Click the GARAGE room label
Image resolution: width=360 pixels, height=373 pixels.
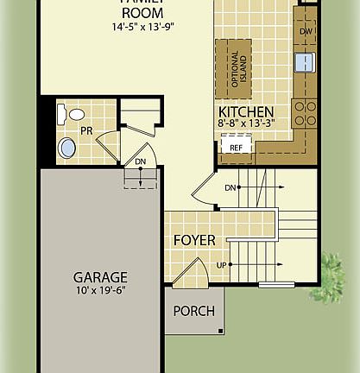click(100, 277)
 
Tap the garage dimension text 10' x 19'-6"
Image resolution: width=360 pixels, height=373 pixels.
click(100, 291)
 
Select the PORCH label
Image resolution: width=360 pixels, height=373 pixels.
click(193, 311)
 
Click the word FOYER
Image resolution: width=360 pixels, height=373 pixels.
click(194, 239)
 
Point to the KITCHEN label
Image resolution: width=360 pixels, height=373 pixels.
click(246, 112)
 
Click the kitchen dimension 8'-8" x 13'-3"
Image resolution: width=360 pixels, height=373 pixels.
click(246, 124)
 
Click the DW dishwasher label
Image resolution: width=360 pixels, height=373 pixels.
click(305, 32)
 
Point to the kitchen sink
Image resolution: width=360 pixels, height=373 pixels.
click(305, 62)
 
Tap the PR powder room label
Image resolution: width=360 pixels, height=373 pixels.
click(86, 131)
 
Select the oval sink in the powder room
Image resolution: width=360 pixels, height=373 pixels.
click(66, 148)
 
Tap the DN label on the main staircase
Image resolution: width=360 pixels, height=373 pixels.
click(231, 187)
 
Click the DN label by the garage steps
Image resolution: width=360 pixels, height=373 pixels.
click(139, 161)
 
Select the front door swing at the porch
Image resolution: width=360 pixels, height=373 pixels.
click(190, 275)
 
